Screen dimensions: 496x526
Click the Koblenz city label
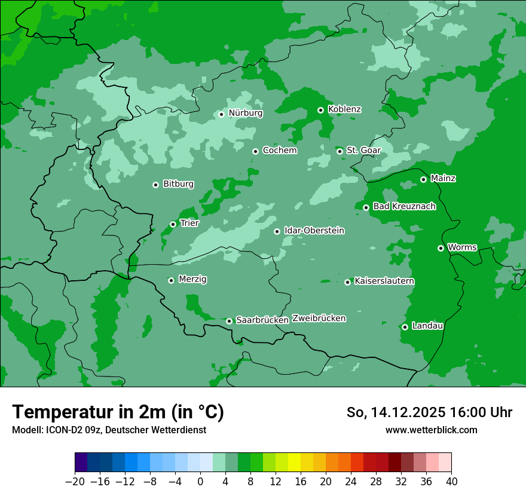tap(344, 109)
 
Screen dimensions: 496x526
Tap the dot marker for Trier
tap(173, 224)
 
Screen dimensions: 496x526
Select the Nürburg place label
tap(245, 113)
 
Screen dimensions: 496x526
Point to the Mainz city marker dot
tap(423, 179)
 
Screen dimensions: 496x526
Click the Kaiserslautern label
tap(384, 281)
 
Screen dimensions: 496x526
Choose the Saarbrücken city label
tap(262, 320)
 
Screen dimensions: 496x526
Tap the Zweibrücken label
tap(319, 319)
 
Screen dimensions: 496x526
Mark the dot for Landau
tap(405, 327)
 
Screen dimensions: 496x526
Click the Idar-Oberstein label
tap(314, 231)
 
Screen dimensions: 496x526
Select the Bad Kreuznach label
tap(404, 206)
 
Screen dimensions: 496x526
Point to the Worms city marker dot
tap(441, 248)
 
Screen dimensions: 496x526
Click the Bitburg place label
tap(178, 184)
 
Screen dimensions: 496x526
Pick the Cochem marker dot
tap(255, 151)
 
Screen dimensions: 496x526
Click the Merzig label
tap(192, 279)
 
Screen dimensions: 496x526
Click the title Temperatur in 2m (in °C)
tap(118, 412)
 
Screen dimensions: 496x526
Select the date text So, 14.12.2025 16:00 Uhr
tap(429, 412)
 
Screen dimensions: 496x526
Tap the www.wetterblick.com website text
tap(431, 430)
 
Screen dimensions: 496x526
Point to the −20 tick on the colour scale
tap(75, 482)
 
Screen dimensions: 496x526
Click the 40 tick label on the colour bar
tap(451, 482)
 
